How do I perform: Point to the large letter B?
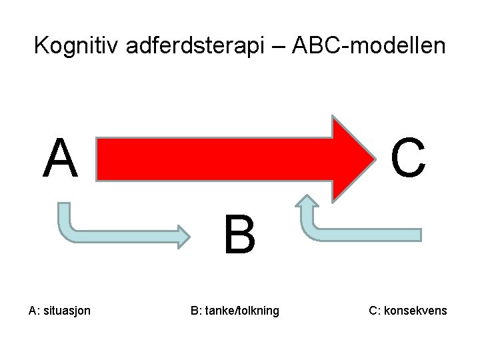click(x=239, y=235)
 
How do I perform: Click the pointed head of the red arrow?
click(x=353, y=158)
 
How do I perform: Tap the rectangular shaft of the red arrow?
click(x=213, y=159)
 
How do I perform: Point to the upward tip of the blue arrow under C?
click(x=308, y=201)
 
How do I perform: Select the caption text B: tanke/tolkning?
click(x=235, y=311)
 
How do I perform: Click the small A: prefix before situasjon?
click(x=34, y=311)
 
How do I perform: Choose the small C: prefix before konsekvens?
click(x=375, y=311)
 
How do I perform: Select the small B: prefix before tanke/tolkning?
click(x=196, y=311)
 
